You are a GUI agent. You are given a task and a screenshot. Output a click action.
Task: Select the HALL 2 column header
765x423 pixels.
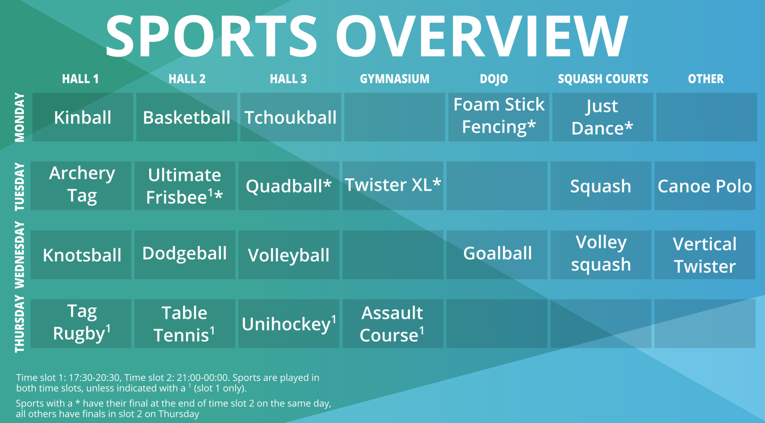pos(187,79)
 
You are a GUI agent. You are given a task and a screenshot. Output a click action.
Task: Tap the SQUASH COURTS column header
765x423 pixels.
pos(603,79)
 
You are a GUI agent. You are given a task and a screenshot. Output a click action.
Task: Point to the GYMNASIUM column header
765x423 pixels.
pos(394,79)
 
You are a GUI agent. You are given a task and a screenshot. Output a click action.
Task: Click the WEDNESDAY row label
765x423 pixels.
pos(19,255)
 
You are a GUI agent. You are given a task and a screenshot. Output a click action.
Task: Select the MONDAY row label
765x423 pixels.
pos(19,117)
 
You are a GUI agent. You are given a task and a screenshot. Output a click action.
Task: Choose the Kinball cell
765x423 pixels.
pos(83,117)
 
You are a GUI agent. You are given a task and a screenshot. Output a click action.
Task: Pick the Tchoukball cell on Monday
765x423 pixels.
pos(290,117)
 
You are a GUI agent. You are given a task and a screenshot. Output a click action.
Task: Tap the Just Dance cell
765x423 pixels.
pos(602,117)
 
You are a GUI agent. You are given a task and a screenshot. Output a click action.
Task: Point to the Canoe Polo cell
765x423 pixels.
pos(704,186)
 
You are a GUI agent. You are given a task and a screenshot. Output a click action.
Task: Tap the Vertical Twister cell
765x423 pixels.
pos(704,255)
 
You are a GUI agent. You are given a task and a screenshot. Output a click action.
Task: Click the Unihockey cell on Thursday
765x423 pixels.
pos(288,324)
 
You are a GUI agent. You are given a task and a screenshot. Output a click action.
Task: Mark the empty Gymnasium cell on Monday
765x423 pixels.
pos(394,117)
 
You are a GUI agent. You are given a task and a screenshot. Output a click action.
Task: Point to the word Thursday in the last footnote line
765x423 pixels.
pos(179,414)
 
